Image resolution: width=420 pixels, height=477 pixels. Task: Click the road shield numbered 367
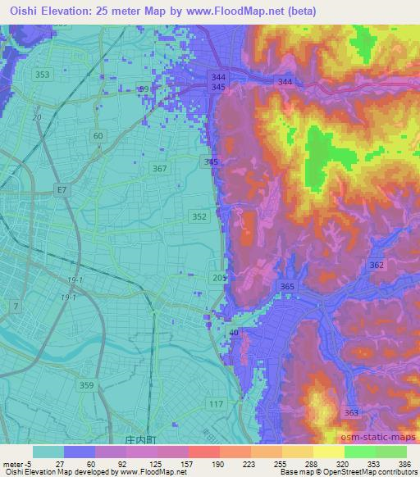point(160,169)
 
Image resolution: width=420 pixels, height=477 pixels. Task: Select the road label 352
point(199,216)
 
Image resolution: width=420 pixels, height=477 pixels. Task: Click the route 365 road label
point(287,286)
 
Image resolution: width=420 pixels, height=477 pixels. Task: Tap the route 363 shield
point(351,412)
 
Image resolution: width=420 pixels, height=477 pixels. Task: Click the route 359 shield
point(88,384)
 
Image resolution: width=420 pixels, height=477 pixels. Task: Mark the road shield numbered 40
point(235,332)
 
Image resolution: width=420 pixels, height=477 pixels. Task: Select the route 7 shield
point(15,306)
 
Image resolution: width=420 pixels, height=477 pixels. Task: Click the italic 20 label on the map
point(36,117)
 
